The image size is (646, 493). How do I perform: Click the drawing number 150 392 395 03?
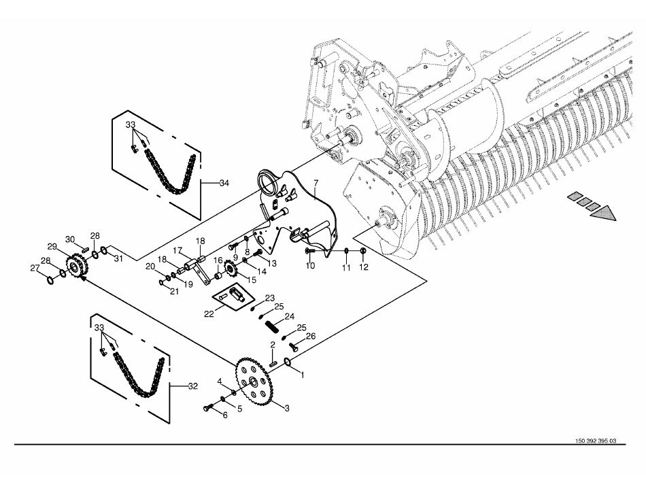point(595,441)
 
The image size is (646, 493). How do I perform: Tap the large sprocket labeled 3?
point(254,381)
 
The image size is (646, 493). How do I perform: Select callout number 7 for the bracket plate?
point(316,182)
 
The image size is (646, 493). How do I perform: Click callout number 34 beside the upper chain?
point(224,184)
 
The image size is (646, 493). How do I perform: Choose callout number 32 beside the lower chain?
point(193,386)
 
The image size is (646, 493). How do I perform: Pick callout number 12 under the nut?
point(363,267)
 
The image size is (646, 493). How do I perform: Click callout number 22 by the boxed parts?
point(209,314)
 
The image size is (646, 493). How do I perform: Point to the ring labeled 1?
point(288,362)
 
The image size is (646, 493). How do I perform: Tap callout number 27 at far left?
point(35,268)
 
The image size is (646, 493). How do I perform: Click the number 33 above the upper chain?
point(131,124)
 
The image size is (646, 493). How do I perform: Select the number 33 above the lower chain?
point(99,328)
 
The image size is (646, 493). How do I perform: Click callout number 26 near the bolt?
point(310,337)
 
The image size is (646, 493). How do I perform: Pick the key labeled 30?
point(85,249)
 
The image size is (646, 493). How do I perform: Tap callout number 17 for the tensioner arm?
point(177,250)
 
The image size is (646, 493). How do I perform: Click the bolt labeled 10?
point(310,250)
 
